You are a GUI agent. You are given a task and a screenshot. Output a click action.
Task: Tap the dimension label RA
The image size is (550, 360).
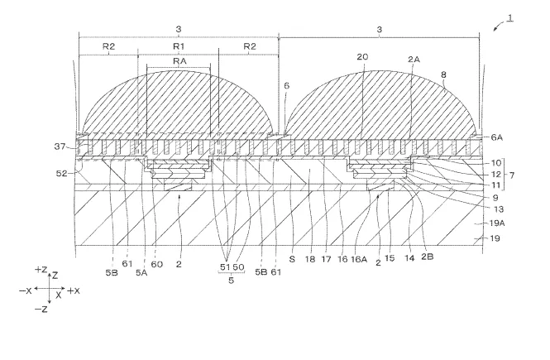pos(179,61)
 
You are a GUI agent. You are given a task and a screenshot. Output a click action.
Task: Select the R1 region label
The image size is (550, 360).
pos(179,46)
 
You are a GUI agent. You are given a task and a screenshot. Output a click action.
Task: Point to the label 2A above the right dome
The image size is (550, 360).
pos(414,60)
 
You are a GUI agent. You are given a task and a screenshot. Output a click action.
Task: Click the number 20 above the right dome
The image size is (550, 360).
pos(362,57)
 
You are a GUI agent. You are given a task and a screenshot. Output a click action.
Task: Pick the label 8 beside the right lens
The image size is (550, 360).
pos(443,74)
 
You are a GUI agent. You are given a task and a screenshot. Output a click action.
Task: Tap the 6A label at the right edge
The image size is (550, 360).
pos(497,137)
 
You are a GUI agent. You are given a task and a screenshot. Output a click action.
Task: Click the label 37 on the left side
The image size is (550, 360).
pos(60,146)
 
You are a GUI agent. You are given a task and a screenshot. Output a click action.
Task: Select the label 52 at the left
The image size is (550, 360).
pos(62,173)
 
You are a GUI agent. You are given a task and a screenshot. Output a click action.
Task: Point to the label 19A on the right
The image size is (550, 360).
pos(497,223)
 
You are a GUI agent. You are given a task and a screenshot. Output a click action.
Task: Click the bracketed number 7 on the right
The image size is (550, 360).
pos(512,175)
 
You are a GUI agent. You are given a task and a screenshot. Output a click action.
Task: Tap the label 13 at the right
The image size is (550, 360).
pos(499,209)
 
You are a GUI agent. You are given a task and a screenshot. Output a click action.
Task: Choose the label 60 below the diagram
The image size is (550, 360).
pos(157,264)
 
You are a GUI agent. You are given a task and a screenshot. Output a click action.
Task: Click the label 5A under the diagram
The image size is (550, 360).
pos(141,272)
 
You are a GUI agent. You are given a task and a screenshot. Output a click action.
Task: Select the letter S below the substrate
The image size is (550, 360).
pos(292,259)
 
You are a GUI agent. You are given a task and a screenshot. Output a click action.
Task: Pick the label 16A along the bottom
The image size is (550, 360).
pos(359,260)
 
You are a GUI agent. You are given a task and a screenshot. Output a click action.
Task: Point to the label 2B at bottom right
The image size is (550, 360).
pos(428,257)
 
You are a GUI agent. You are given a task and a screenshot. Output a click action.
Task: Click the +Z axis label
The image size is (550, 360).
pos(41,270)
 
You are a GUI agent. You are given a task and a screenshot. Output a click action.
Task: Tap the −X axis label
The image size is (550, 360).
pos(26,290)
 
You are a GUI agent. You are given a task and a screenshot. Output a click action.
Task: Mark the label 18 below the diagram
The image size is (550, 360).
pos(310,259)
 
